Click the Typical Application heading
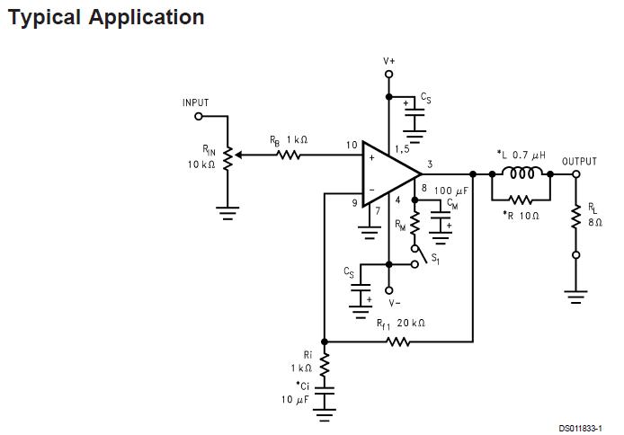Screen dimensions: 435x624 (x=105, y=17)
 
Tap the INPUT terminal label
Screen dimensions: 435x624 (x=195, y=103)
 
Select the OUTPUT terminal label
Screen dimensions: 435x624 (x=579, y=162)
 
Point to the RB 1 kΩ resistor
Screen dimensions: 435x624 (x=288, y=155)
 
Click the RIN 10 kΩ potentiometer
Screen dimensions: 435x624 (x=227, y=156)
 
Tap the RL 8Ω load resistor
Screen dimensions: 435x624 (x=576, y=217)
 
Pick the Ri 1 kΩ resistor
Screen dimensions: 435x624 (x=325, y=363)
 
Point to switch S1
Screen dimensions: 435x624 (x=416, y=256)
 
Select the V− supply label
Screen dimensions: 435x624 (x=389, y=303)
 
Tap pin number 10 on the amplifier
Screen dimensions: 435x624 (x=351, y=145)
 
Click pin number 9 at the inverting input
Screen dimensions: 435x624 (x=354, y=204)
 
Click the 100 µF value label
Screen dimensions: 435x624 (x=450, y=191)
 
